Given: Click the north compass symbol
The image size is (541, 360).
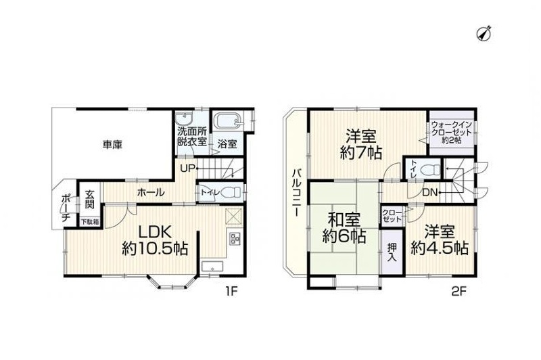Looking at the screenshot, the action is [x=484, y=34].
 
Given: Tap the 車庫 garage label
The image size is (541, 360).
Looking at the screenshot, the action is [x=112, y=145].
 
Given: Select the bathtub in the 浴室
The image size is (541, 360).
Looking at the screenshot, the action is [x=227, y=120].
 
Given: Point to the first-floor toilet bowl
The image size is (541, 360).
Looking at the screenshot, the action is [x=231, y=192].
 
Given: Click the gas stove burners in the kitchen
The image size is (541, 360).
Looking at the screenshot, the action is [x=235, y=238].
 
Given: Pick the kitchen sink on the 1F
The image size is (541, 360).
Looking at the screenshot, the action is [x=212, y=267].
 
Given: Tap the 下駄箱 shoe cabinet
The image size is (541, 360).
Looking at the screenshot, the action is [x=90, y=222].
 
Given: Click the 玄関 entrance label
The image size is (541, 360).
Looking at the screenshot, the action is [x=90, y=200].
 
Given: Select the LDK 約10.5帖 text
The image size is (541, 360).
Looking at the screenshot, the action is [x=155, y=240].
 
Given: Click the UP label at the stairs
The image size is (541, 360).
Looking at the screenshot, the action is [x=187, y=168].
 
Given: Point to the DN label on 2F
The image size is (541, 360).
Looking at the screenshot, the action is [x=430, y=193].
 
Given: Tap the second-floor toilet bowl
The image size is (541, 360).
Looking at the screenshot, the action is [x=431, y=170].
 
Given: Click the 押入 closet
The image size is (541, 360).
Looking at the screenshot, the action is [x=392, y=252].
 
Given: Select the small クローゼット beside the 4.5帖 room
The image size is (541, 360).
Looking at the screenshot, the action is [x=392, y=216].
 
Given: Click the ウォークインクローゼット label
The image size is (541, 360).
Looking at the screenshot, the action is [x=451, y=133].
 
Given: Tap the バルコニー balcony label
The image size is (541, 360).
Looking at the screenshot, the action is [x=296, y=193].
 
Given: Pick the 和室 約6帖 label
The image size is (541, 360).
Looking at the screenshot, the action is [x=344, y=228].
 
